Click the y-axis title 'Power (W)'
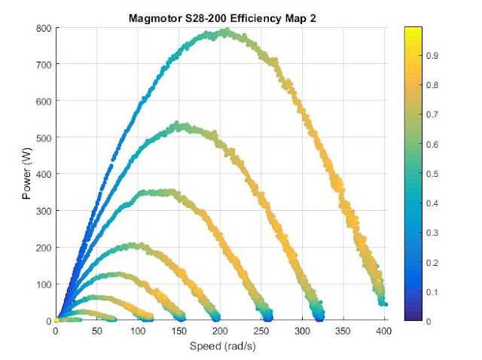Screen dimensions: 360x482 click(26, 175)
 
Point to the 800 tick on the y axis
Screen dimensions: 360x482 click(44, 29)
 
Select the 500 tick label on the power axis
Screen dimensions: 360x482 click(44, 138)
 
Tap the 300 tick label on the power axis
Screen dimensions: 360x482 click(44, 211)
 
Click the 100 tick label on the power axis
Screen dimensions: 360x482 click(44, 284)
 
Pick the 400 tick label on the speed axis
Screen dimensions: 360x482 click(384, 331)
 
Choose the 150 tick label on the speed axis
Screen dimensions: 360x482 click(179, 331)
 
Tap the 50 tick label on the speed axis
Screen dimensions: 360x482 click(97, 331)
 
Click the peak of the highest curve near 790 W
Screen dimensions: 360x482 click(224, 32)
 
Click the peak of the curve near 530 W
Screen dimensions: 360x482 click(178, 125)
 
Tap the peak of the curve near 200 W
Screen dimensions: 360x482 click(136, 245)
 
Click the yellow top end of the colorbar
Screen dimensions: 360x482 click(412, 30)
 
